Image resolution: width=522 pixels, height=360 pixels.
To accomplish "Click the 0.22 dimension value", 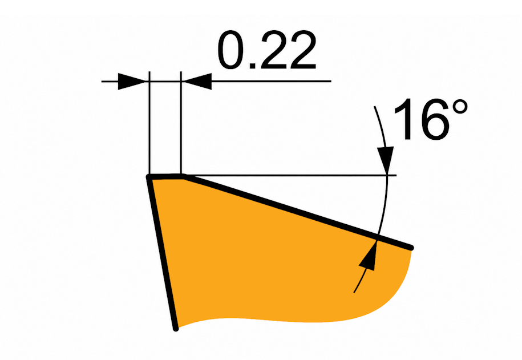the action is (266, 50).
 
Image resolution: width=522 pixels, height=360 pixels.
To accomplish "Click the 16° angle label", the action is (431, 119).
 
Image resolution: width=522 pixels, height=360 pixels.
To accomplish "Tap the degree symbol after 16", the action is (460, 107).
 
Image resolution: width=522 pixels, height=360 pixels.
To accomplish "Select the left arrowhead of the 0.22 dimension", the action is (132, 81).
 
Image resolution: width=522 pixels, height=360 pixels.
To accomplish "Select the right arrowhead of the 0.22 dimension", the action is (197, 81).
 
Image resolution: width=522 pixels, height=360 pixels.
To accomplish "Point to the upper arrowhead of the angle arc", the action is (386, 160).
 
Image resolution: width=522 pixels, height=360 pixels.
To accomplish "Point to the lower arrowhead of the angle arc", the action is (369, 255).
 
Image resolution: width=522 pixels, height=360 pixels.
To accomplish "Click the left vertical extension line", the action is (149, 123).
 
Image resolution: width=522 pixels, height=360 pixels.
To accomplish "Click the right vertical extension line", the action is (181, 123).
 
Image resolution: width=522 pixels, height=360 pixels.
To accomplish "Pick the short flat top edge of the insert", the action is (165, 176).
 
